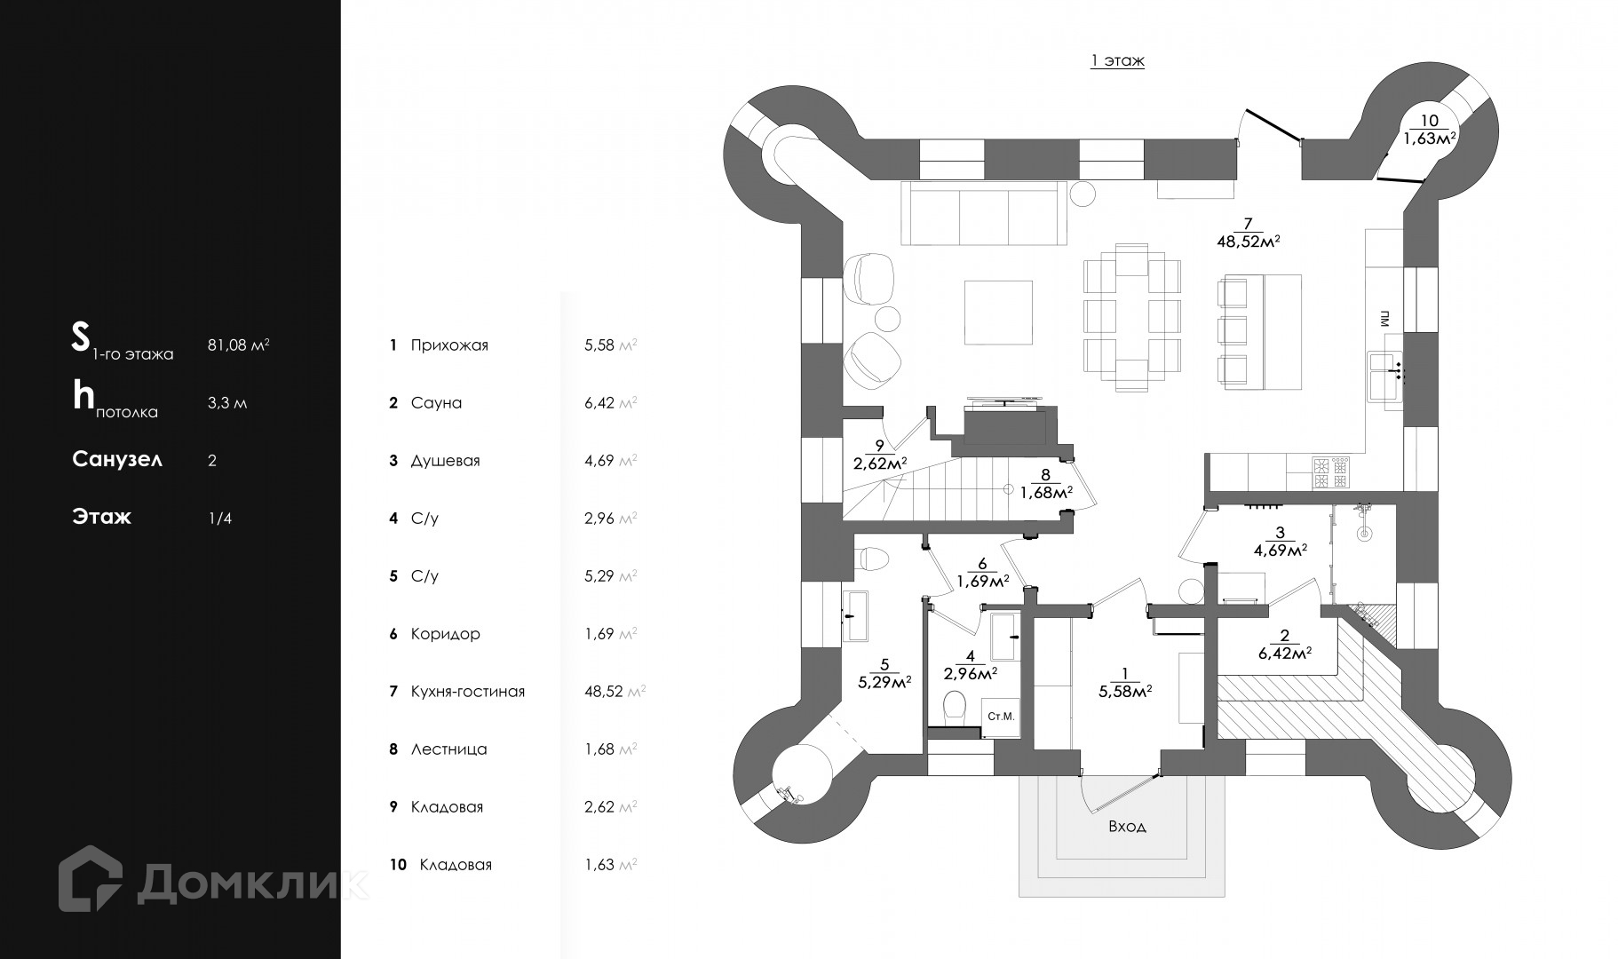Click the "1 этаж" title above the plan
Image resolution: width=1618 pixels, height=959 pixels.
(x=1117, y=61)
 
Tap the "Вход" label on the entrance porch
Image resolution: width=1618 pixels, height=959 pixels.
(x=1127, y=826)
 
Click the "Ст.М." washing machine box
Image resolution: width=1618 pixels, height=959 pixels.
(x=1001, y=717)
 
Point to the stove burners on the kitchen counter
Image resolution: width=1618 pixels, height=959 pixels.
(x=1330, y=472)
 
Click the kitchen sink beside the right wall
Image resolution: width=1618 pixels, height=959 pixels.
(x=1384, y=376)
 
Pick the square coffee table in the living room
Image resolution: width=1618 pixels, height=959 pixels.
(x=998, y=313)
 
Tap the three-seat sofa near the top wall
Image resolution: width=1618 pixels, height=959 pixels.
(x=983, y=213)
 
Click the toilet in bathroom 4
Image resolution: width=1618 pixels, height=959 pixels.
(x=955, y=707)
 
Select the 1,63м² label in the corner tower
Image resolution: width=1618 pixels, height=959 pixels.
(x=1429, y=138)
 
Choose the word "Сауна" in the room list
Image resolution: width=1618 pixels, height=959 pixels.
(x=436, y=403)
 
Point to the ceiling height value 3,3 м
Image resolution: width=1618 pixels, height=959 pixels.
(x=227, y=403)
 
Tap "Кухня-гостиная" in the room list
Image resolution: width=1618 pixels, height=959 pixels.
(x=467, y=692)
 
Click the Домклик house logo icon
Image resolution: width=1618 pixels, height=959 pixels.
(x=91, y=878)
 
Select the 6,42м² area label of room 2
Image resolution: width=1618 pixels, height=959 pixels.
(x=1285, y=654)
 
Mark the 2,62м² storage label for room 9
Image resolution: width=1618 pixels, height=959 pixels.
(x=879, y=463)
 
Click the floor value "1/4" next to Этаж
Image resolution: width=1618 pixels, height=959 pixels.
(x=219, y=519)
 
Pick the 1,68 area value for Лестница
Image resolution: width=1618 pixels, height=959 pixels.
(x=599, y=749)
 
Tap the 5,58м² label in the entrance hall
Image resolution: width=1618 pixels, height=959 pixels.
(x=1125, y=691)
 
